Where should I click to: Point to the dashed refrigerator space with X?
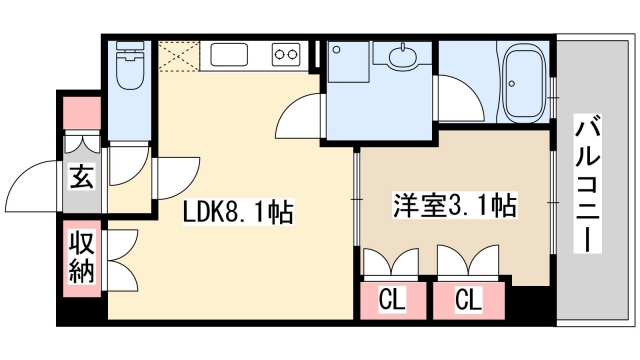click(x=176, y=55)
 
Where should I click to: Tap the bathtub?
click(x=523, y=82)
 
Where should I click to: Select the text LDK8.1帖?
click(x=237, y=212)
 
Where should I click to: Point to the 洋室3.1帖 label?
click(x=453, y=207)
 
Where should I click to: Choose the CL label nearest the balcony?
click(x=467, y=298)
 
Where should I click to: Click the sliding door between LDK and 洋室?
click(x=357, y=200)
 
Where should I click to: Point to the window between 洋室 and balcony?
click(x=551, y=200)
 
